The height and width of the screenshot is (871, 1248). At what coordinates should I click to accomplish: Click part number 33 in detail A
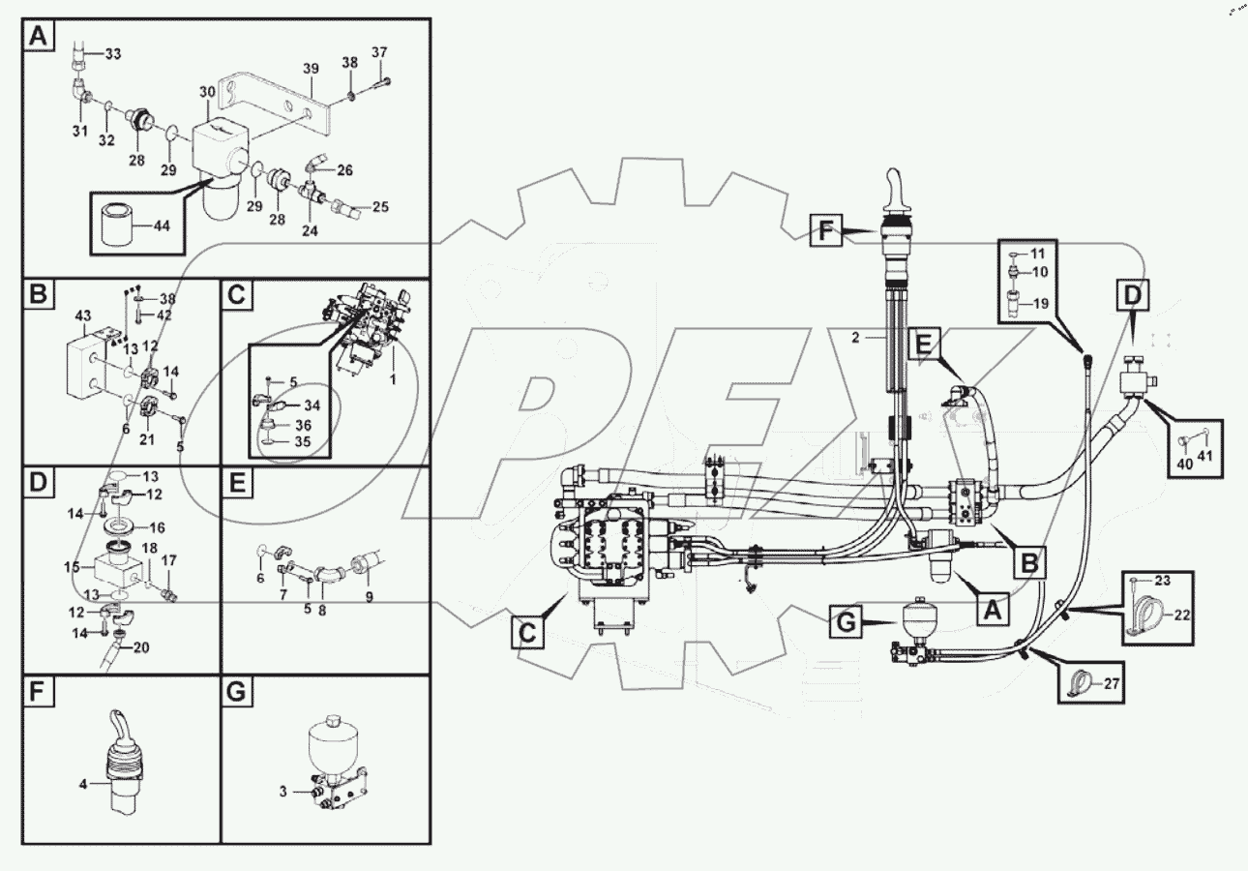(113, 54)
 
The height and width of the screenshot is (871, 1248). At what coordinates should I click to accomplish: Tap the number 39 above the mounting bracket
(310, 70)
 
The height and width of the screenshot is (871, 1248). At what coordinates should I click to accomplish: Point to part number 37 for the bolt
(379, 52)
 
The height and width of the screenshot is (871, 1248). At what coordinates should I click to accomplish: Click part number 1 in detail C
(393, 380)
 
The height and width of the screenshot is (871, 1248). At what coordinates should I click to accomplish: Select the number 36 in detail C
(303, 424)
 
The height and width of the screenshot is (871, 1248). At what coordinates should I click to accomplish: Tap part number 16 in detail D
(156, 527)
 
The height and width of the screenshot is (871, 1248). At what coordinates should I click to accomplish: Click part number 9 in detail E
(368, 597)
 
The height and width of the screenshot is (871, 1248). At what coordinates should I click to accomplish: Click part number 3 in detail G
(283, 792)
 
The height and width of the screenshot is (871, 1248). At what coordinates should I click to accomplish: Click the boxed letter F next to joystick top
(825, 232)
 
